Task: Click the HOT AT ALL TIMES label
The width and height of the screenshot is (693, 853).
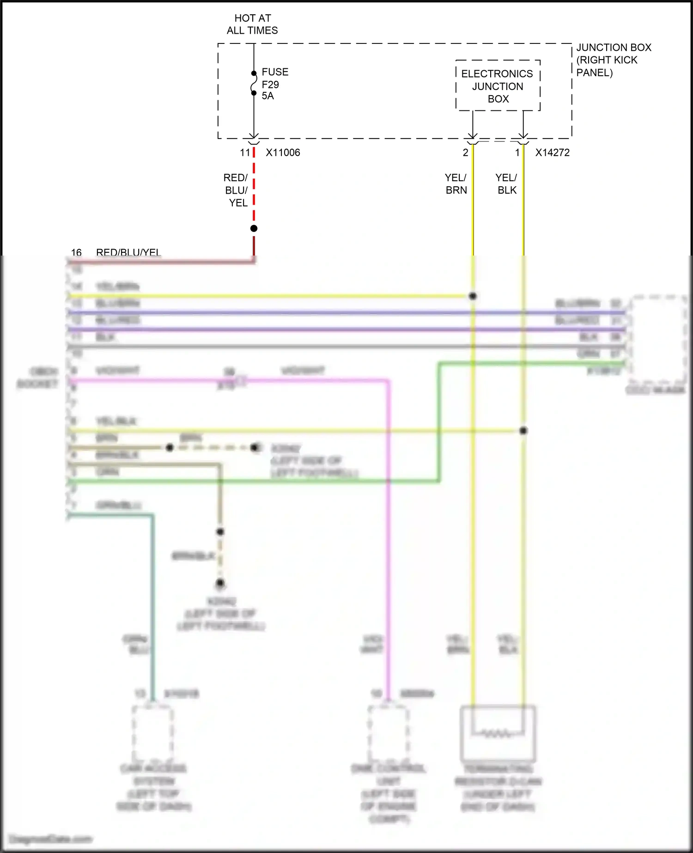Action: coord(252,24)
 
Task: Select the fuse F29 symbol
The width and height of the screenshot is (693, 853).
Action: coord(254,83)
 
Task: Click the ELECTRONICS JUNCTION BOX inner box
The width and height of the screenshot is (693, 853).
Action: coord(498,86)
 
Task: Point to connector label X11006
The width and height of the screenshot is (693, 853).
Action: coord(283,152)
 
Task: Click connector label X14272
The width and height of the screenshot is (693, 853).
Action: coord(552,152)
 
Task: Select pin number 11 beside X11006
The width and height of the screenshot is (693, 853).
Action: coord(245,152)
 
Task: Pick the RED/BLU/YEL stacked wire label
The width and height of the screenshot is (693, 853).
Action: coord(236,190)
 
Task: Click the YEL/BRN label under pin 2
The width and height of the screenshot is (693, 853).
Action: coord(456,184)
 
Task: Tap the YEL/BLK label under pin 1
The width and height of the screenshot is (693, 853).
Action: coord(506,184)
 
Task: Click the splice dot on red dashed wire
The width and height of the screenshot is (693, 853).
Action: coord(254,228)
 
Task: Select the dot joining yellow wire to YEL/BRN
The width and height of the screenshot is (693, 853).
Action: coord(473,296)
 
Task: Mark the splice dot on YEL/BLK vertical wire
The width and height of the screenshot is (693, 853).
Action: coord(523,431)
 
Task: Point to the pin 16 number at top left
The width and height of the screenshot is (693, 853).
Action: coord(76,252)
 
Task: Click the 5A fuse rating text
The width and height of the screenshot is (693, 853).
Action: coord(267,96)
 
